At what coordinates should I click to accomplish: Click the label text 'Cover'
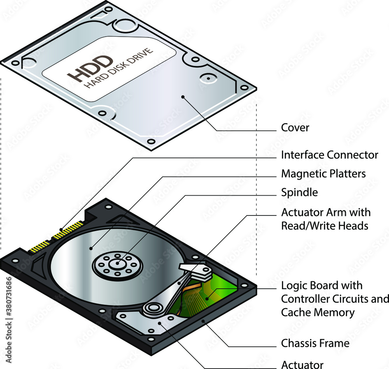coord(295,128)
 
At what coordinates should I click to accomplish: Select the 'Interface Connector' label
coord(329,155)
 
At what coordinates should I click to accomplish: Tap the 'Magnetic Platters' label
coord(323,174)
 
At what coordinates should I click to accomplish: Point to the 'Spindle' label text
coord(299,192)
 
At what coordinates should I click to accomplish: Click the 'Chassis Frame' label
coord(315,343)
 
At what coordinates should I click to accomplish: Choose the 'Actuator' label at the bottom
coord(302,364)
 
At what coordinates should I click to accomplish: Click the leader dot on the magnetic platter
coord(91,247)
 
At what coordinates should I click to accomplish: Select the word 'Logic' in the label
coord(294,286)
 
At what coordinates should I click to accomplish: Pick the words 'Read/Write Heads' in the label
coord(324,225)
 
